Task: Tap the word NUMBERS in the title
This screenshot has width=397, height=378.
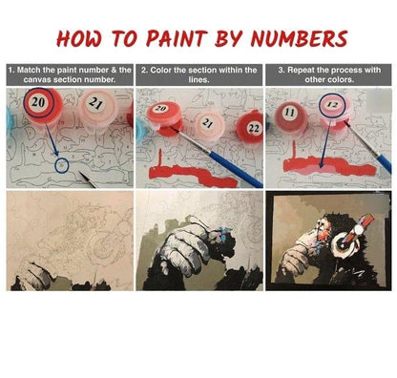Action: point(299,39)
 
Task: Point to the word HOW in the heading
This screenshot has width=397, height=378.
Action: point(80,39)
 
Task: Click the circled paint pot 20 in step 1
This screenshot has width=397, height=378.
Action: point(42,106)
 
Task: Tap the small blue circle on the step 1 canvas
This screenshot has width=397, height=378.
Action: point(61,165)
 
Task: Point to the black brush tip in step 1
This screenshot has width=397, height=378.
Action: point(88,179)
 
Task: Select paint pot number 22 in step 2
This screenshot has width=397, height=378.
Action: point(250,128)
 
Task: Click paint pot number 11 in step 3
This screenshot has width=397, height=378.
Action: point(290,117)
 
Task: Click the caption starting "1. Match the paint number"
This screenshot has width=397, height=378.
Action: point(70,74)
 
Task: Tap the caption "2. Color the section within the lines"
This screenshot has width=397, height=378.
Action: point(199,74)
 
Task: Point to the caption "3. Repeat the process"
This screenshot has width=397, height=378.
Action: point(329,74)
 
